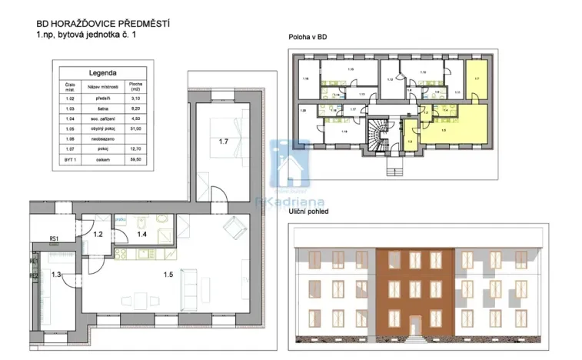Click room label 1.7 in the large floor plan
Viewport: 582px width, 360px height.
click(x=224, y=142)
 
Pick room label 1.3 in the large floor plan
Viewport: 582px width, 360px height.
click(x=55, y=275)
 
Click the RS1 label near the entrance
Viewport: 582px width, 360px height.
click(x=54, y=239)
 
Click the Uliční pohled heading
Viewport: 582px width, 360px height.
click(x=310, y=211)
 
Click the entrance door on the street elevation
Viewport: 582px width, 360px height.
click(x=415, y=326)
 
